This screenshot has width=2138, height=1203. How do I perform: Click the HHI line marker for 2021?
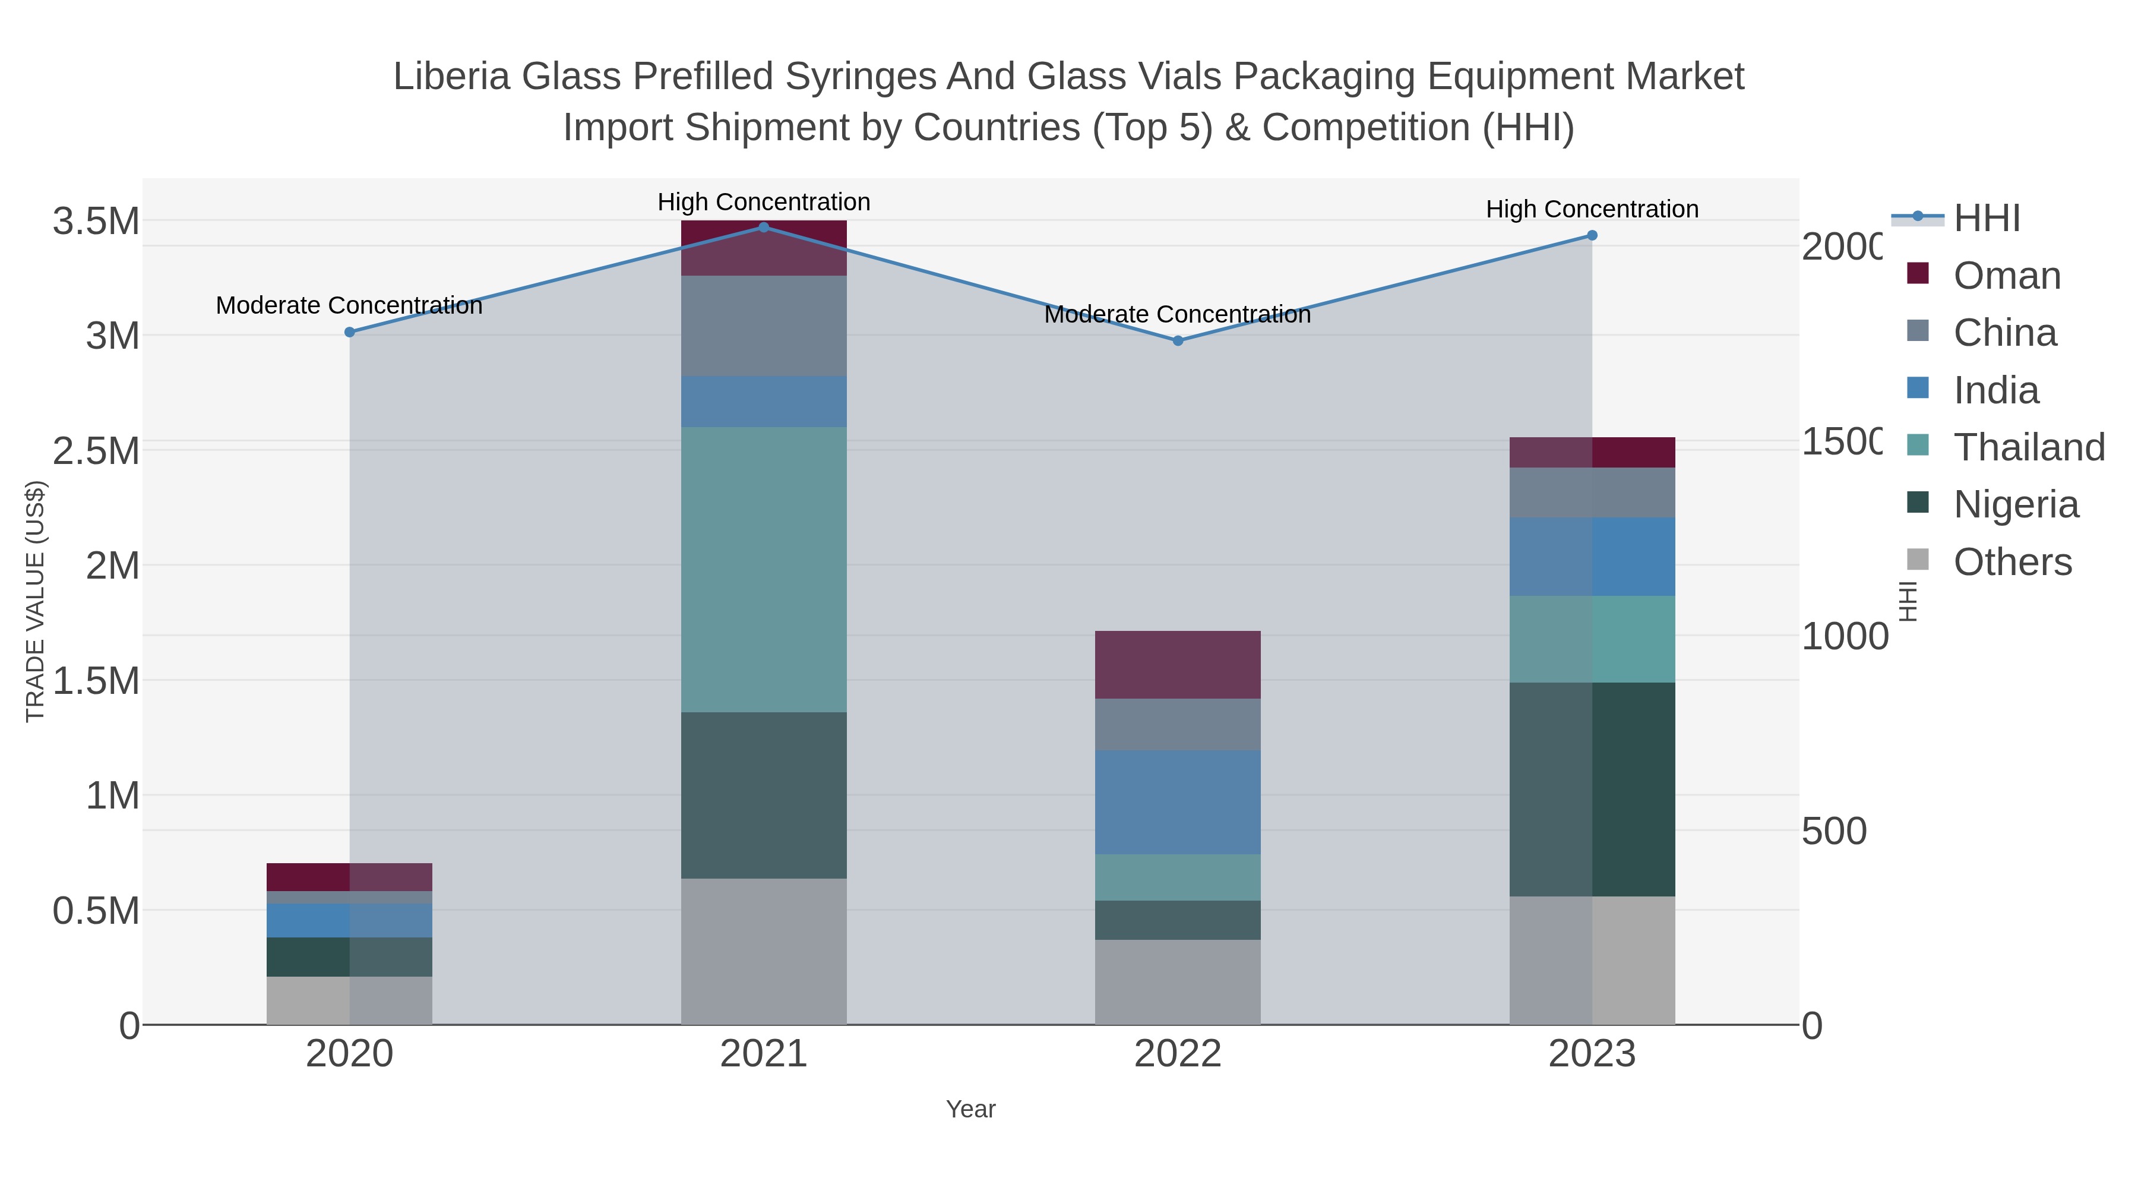click(764, 227)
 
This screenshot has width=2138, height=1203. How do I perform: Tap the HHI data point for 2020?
click(349, 332)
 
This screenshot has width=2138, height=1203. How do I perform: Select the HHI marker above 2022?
click(1178, 340)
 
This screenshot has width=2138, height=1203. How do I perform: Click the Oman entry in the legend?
click(2006, 276)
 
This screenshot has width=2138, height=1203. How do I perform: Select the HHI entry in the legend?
click(1985, 219)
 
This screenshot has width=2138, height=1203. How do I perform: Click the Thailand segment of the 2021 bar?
click(764, 570)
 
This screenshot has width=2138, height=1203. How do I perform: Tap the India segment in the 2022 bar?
click(1178, 802)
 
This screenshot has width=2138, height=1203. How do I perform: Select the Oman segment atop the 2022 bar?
click(1178, 664)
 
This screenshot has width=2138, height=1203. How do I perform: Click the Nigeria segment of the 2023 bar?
click(1592, 789)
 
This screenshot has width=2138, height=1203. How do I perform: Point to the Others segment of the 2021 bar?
click(764, 952)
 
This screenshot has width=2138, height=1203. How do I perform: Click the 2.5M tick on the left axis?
click(96, 451)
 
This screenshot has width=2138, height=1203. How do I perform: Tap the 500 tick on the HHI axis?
click(1833, 832)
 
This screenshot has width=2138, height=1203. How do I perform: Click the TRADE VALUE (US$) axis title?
click(35, 601)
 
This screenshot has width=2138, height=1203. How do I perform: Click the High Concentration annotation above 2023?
click(1592, 209)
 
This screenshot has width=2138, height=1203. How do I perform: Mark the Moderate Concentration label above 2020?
click(349, 305)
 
